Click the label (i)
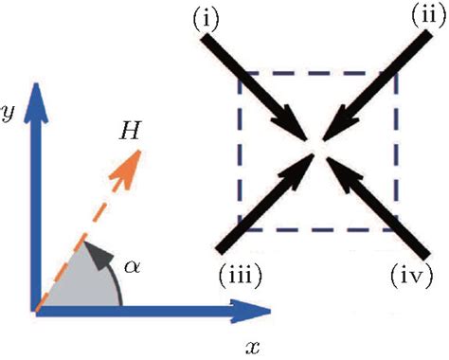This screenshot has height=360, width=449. click(x=207, y=18)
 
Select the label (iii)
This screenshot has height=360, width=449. click(x=237, y=276)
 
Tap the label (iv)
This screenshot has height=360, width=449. click(x=411, y=276)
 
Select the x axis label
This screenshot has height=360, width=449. click(x=252, y=346)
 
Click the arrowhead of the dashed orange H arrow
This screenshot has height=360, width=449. click(x=136, y=162)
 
